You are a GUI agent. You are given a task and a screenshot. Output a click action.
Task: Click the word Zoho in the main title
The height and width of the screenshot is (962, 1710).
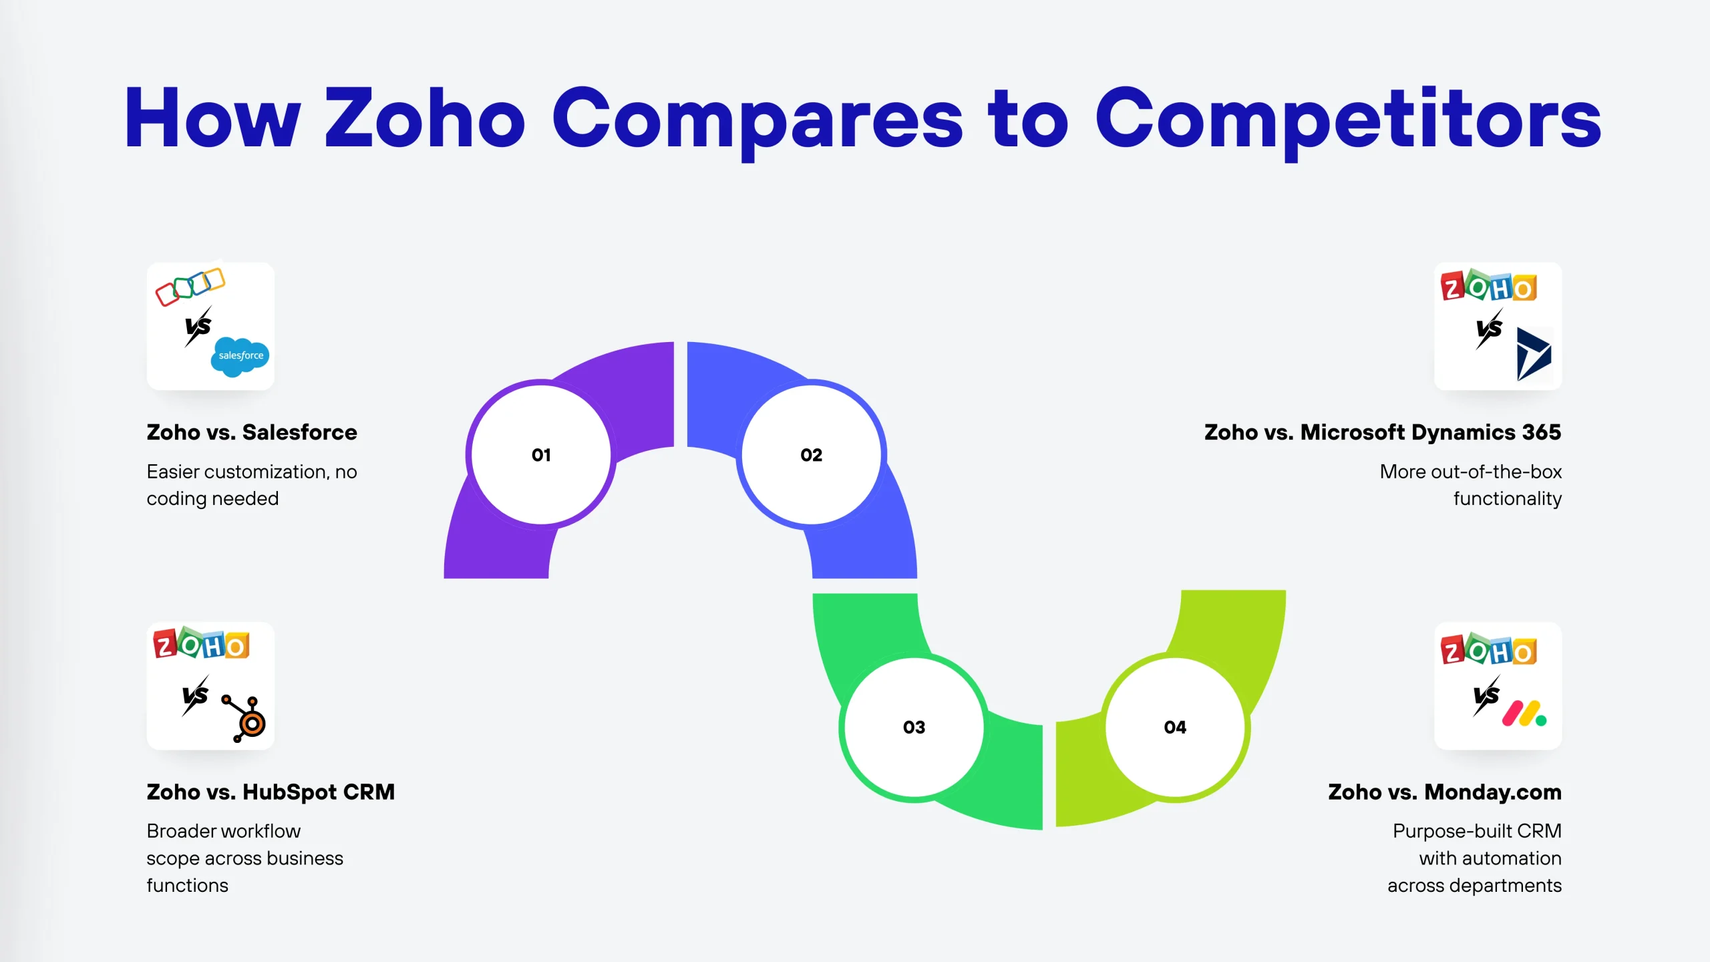(x=425, y=118)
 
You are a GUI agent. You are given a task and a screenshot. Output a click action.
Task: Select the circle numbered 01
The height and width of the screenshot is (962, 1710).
(x=541, y=455)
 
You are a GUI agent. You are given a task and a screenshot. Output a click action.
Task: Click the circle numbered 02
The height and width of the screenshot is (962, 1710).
(x=812, y=455)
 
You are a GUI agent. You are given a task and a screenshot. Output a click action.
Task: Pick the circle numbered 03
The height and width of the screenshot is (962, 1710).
(x=914, y=727)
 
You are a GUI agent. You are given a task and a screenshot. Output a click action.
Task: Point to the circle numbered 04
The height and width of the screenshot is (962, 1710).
(x=1175, y=727)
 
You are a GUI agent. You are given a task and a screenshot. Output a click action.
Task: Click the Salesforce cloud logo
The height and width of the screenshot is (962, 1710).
(x=240, y=357)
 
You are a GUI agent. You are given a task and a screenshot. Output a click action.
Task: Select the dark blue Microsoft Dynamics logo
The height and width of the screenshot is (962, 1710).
(x=1534, y=354)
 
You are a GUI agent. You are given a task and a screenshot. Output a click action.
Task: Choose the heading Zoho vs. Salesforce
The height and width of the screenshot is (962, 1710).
(x=252, y=432)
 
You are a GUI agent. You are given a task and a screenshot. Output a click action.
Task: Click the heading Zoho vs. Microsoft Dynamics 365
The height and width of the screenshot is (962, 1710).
(x=1383, y=432)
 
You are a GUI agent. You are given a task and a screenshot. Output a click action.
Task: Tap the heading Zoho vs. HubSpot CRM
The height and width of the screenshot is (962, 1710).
(x=271, y=792)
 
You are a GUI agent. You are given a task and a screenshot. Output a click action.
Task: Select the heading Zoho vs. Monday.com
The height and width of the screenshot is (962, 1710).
(x=1445, y=792)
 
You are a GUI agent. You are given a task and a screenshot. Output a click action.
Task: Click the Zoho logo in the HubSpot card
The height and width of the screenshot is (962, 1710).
(x=201, y=643)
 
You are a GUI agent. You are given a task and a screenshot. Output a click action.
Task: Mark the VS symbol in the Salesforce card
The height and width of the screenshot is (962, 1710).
(x=198, y=327)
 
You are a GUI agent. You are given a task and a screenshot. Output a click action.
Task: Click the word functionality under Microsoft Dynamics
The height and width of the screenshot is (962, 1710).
(x=1508, y=498)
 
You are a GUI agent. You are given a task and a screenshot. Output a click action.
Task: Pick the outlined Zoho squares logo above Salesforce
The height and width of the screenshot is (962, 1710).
(x=190, y=287)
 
